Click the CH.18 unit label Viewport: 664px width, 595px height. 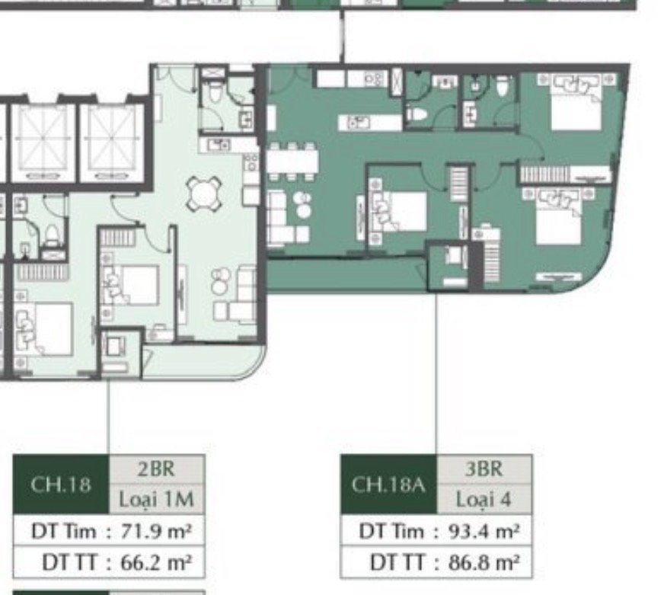click(x=61, y=484)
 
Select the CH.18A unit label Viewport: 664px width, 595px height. click(x=388, y=484)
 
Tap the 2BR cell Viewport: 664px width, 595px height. click(x=157, y=469)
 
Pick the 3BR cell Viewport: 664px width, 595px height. click(x=484, y=469)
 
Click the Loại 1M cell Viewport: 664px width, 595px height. click(x=157, y=499)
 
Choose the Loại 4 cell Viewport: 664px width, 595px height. click(x=484, y=499)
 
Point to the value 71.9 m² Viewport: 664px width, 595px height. click(x=156, y=530)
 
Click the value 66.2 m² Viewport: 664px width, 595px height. click(x=156, y=562)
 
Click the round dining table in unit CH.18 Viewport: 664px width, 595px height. click(x=205, y=194)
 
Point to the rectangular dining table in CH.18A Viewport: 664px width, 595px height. click(x=292, y=162)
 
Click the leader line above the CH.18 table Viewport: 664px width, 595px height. click(x=108, y=417)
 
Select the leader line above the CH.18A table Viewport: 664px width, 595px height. click(x=436, y=373)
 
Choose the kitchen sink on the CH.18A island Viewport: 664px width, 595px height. click(x=358, y=123)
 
